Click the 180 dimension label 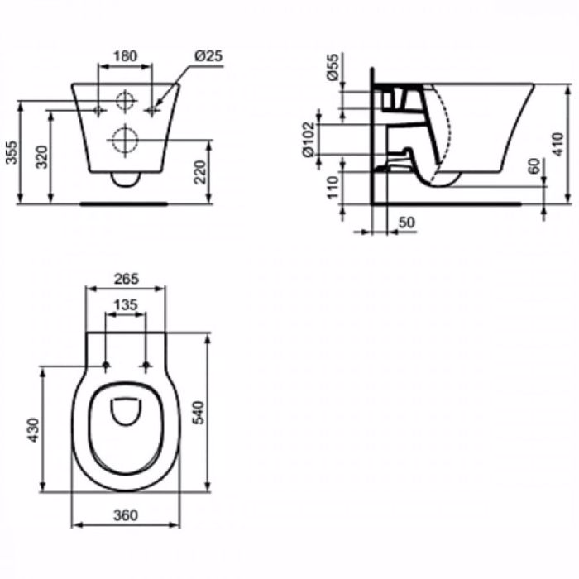pyautogui.click(x=125, y=56)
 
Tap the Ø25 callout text pyautogui.click(x=208, y=55)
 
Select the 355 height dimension pyautogui.click(x=11, y=151)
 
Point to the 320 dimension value pyautogui.click(x=41, y=157)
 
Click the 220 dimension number pyautogui.click(x=200, y=172)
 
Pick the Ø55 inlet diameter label pyautogui.click(x=333, y=67)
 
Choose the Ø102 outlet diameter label pyautogui.click(x=309, y=140)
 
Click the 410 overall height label pyautogui.click(x=558, y=144)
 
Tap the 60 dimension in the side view pyautogui.click(x=534, y=165)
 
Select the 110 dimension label pyautogui.click(x=333, y=187)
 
